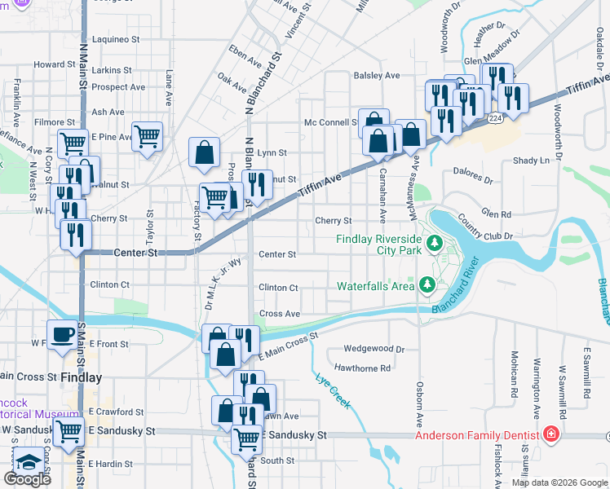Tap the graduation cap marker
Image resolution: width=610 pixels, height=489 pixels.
28,462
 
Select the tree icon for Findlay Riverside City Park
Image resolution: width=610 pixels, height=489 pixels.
435,243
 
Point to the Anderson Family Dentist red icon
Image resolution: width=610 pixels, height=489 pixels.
553,434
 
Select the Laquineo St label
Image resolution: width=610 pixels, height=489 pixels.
116,38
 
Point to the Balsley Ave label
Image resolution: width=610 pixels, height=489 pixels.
376,75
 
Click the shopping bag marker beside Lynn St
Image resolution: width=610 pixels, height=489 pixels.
203,152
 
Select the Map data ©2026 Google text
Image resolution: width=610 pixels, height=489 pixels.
559,482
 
